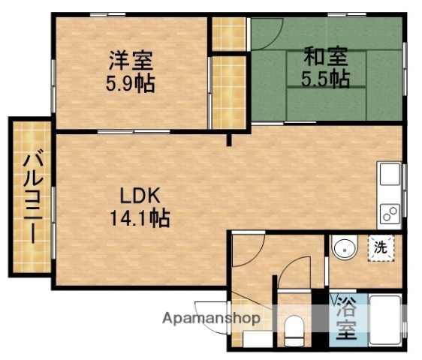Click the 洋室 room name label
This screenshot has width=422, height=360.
pos(130,58)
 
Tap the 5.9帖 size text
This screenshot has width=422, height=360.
pos(130,82)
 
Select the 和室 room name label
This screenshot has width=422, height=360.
pos(326,55)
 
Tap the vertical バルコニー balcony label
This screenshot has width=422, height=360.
pos(31,197)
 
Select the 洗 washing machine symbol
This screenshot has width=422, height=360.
pos(381,247)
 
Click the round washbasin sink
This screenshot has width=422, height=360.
pos(344,247)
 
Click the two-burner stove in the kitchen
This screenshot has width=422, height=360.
pos(390,214)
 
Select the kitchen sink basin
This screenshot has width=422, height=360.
pos(390,177)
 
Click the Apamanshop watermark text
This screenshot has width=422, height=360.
pos(213,319)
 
